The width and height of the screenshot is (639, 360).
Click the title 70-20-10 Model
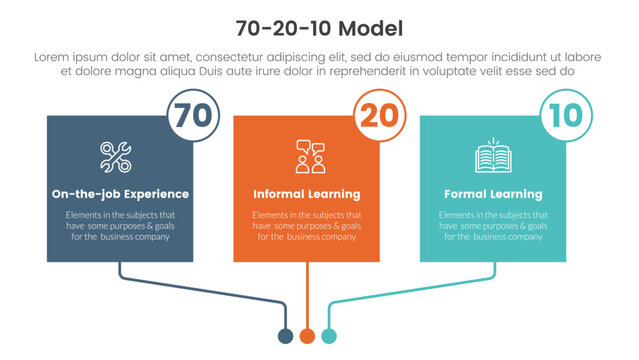(x=319, y=26)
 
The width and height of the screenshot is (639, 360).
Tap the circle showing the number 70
(x=191, y=115)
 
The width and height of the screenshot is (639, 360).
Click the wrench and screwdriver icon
(x=115, y=157)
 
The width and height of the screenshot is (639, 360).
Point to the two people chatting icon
(x=309, y=157)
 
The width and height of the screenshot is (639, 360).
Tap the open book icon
(x=494, y=157)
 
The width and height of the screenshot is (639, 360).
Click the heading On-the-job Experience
(x=120, y=194)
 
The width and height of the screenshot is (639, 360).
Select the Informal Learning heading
(x=307, y=194)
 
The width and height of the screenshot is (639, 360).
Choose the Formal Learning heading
(x=494, y=194)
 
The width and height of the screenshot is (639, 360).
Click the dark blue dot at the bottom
(x=286, y=335)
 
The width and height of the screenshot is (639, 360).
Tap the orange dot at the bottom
(x=308, y=335)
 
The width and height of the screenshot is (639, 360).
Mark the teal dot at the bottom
(x=329, y=335)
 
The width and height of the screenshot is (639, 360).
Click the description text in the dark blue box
(x=120, y=226)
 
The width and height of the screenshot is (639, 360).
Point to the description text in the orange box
(x=307, y=226)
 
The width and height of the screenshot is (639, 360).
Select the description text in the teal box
(x=494, y=226)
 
